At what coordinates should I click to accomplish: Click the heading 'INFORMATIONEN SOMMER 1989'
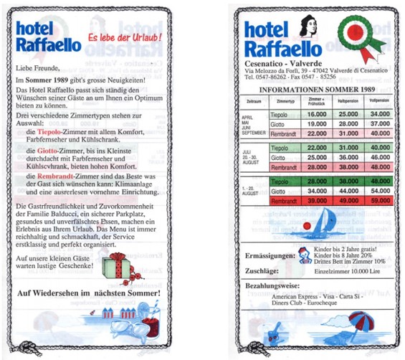pyautogui.click(x=317, y=90)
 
